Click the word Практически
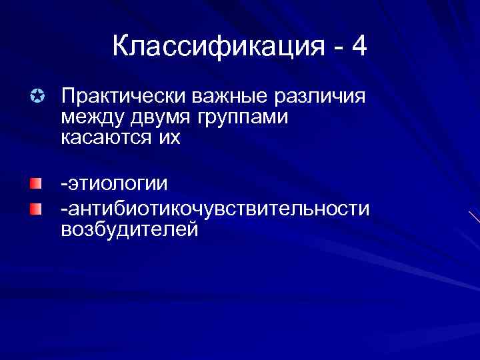123,97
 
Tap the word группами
247,118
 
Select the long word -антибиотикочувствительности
215,209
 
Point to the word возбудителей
129,229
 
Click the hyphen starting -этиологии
63,185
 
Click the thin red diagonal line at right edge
474,218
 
